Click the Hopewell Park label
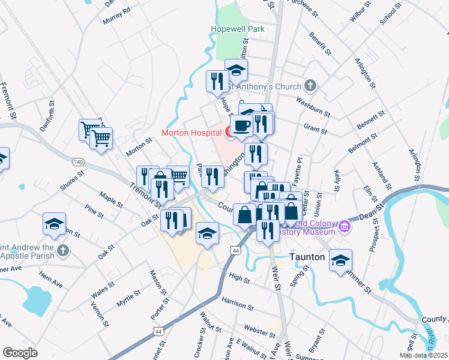[x=238, y=29]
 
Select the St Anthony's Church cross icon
[x=310, y=86]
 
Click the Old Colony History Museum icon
[x=345, y=226]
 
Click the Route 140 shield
[x=77, y=162]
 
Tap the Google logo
[x=20, y=352]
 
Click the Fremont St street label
[x=8, y=100]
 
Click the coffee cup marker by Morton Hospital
[x=241, y=126]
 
